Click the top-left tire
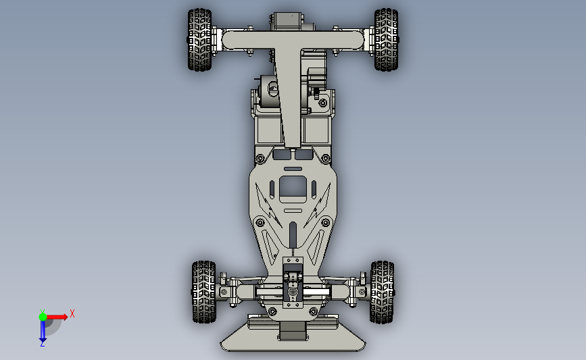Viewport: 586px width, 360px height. tap(199, 40)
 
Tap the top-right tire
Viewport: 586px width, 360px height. tap(386, 40)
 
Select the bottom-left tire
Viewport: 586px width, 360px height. tap(203, 292)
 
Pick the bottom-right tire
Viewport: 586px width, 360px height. tap(382, 292)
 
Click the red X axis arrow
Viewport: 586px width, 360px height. tap(57, 317)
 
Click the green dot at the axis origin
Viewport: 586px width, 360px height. tap(43, 317)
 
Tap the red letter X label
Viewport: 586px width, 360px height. tap(72, 313)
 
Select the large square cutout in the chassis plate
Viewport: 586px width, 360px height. tap(293, 188)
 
